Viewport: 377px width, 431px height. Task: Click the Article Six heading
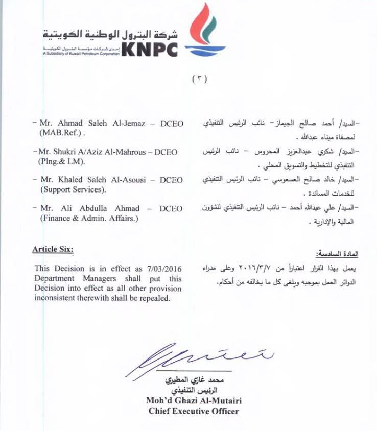click(x=53, y=249)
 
